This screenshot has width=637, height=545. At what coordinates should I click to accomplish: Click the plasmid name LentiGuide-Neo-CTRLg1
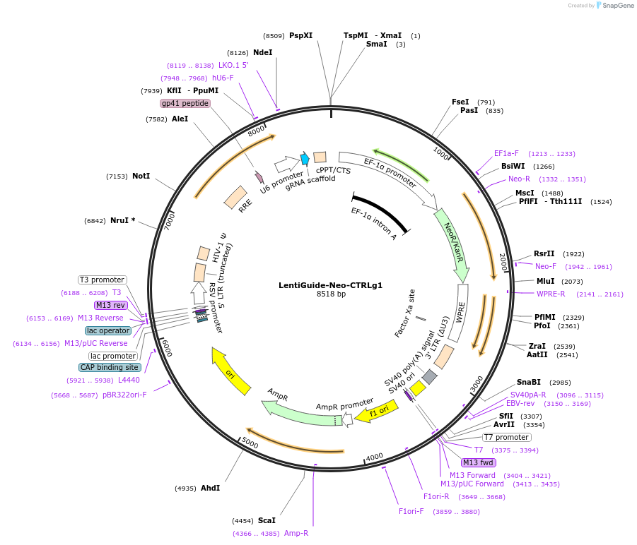tap(330, 285)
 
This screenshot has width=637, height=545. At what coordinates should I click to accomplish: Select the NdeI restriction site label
tap(262, 52)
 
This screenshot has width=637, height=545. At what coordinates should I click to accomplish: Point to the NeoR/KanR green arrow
tap(454, 244)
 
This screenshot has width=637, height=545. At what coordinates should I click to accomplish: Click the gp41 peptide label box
tap(185, 103)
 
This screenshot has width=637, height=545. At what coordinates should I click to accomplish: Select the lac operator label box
tap(108, 330)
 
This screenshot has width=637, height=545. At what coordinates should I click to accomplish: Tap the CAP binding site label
tap(110, 367)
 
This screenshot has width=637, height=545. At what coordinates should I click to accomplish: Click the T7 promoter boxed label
tap(506, 438)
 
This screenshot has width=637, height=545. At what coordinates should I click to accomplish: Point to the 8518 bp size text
tap(331, 294)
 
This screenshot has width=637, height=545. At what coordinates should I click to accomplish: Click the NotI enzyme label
tap(141, 176)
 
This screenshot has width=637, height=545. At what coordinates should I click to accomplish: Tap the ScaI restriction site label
tap(267, 520)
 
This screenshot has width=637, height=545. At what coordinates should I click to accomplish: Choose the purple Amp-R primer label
tap(296, 533)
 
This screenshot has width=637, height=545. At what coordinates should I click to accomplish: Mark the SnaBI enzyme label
tap(529, 382)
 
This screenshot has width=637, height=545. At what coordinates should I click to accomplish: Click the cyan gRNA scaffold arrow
tap(305, 159)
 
